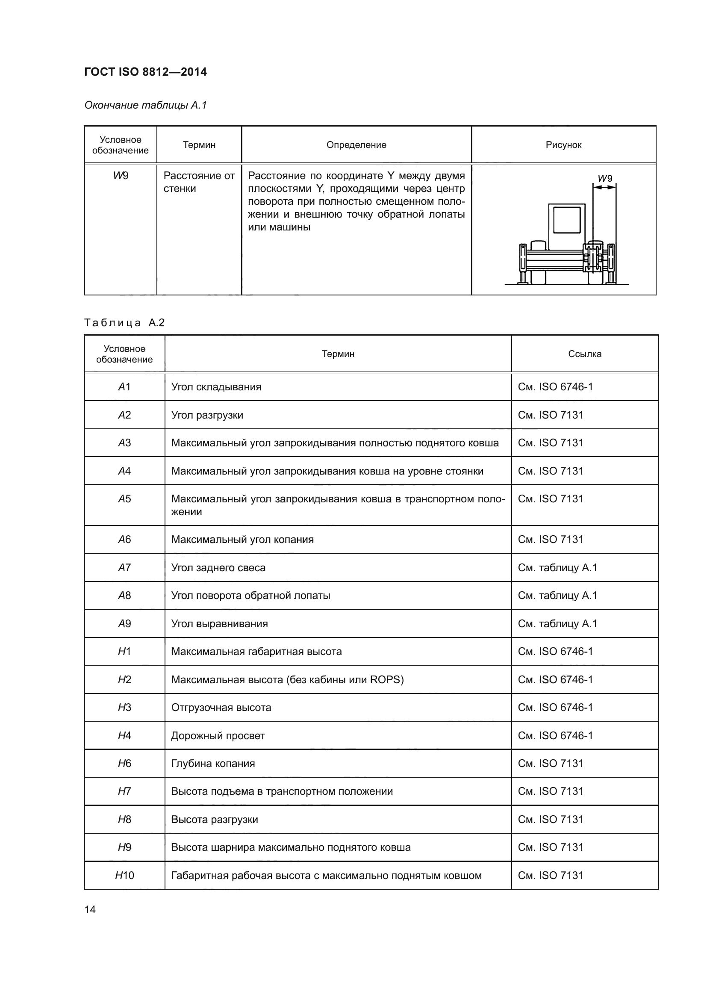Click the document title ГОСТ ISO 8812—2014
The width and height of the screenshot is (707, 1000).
[145, 72]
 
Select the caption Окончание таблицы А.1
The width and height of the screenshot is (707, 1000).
[145, 105]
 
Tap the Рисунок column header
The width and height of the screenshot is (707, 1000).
[563, 145]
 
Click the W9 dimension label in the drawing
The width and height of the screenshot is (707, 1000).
[605, 179]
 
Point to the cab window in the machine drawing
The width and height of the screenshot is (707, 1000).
[567, 220]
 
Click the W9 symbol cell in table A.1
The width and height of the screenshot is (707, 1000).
[121, 176]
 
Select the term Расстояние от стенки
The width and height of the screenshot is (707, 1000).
[199, 182]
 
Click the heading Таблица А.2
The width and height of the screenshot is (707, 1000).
[124, 323]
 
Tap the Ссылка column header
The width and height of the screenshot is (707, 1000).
[585, 354]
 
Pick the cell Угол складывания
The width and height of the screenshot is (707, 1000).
[216, 387]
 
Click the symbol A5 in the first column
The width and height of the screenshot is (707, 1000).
[124, 499]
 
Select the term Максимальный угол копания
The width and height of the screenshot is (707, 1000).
[242, 540]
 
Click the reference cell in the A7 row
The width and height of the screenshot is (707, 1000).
[557, 568]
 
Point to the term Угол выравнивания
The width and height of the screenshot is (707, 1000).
[219, 624]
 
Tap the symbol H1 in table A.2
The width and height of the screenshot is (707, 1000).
[124, 652]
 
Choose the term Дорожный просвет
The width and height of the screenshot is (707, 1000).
[218, 736]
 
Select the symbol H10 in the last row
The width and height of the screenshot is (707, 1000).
[124, 876]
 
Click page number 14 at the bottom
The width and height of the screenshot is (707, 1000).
[90, 909]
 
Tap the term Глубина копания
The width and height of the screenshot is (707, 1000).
[213, 764]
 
